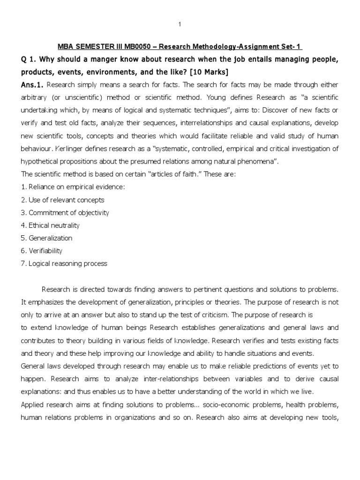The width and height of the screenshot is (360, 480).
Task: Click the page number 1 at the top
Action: (180, 24)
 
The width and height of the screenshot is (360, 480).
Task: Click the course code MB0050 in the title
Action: (139, 47)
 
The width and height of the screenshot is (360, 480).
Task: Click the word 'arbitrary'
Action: (34, 97)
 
